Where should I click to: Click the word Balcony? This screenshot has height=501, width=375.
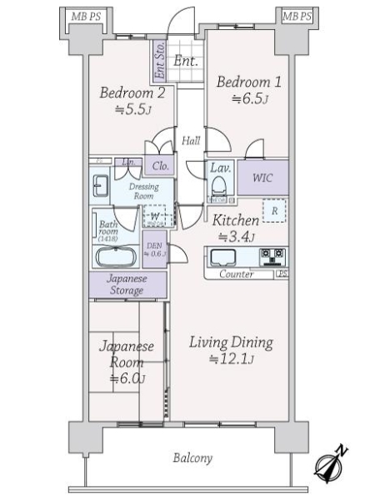pos(192,458)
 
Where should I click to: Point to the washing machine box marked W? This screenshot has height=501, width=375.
pos(155,216)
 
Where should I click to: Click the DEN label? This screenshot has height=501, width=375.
pos(155,250)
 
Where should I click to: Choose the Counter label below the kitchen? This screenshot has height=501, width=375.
pos(237,274)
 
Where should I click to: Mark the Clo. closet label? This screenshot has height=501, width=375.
pos(160,166)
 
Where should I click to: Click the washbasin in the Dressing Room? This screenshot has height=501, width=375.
pos(101,185)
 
